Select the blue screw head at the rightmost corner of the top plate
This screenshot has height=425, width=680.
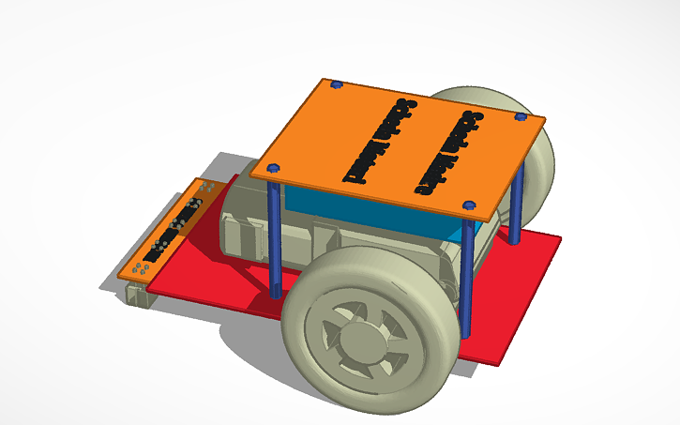tap(521, 117)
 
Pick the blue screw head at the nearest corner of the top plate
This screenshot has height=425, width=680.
tap(469, 205)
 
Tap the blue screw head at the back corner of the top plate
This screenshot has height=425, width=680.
tap(336, 84)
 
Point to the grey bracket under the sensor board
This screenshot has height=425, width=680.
tap(139, 292)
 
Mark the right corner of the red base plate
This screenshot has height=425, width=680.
tap(560, 238)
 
